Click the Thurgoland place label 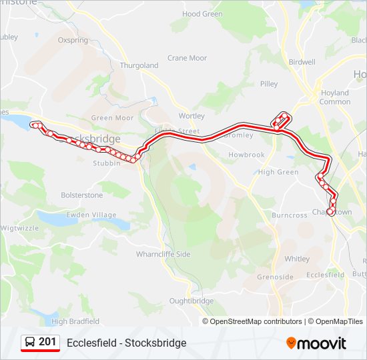(x=139, y=65)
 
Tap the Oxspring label (x=73, y=40)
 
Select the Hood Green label (x=202, y=14)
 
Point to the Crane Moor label (x=187, y=58)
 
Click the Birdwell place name (x=302, y=62)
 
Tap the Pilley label (x=269, y=84)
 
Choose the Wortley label (x=192, y=116)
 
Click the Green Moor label (x=112, y=118)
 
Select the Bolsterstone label (x=82, y=195)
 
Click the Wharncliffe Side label (x=163, y=254)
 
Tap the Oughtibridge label (x=192, y=301)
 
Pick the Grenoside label (x=275, y=277)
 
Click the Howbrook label (x=247, y=155)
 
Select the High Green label (x=278, y=172)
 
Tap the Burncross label (x=289, y=215)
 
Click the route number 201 (x=47, y=342)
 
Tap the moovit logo (x=316, y=343)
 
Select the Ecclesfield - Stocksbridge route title (x=127, y=343)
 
